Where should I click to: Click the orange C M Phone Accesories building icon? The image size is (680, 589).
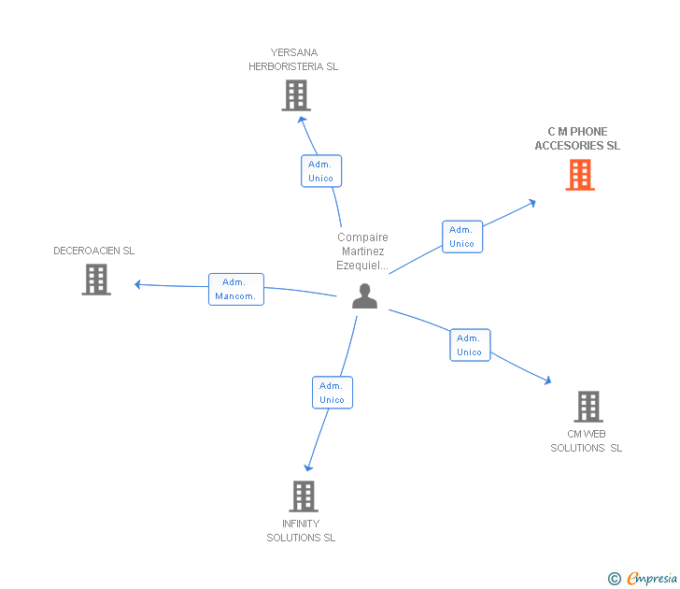point(580,175)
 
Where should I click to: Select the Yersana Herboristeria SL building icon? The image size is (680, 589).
point(296,95)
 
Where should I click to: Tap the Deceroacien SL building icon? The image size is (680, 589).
point(96,280)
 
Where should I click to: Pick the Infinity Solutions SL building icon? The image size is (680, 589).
point(304,496)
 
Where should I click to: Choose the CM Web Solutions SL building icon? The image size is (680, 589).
point(588,407)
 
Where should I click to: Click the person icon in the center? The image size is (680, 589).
point(364,296)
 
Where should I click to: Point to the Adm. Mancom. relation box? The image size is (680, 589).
point(236,289)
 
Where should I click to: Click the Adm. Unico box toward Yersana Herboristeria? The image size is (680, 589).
point(321,171)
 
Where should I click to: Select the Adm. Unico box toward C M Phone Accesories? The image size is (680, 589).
point(461,237)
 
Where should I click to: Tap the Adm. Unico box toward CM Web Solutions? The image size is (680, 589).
point(470,345)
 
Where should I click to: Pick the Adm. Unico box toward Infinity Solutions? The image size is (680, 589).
point(333,393)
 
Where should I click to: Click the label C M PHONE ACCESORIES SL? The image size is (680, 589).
point(577,139)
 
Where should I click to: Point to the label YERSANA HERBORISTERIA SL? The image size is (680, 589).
point(293,60)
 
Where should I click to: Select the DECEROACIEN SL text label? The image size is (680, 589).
point(94,251)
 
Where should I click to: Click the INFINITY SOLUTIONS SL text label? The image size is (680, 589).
point(301,531)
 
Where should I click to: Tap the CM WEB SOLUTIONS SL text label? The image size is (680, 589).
point(587,441)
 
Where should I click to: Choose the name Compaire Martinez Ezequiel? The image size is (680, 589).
point(363,251)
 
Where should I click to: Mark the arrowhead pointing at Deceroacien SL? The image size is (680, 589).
point(137,284)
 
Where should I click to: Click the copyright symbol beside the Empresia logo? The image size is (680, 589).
point(615,579)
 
